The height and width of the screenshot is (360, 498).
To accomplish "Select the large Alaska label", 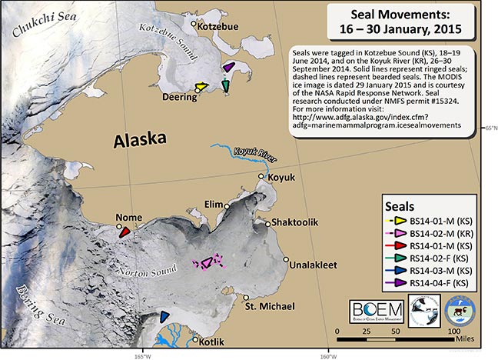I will click(x=141, y=141).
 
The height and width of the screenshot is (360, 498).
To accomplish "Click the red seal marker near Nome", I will click(x=124, y=232).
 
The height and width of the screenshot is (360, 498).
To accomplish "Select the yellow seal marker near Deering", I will click(x=201, y=88).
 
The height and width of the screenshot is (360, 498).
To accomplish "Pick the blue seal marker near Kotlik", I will click(x=164, y=315).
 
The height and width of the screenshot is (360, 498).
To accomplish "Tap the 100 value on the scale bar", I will click(x=453, y=330).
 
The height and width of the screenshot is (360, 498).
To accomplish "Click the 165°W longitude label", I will click(x=141, y=355).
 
